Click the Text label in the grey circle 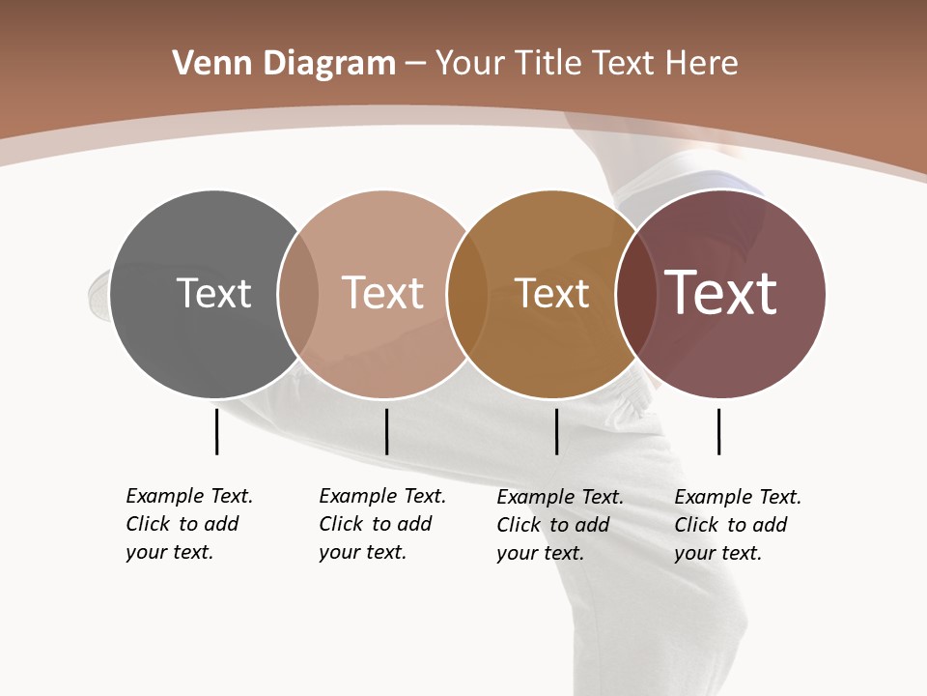(213, 293)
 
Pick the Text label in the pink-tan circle (382, 293)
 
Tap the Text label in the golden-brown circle (551, 294)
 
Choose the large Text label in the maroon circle (721, 293)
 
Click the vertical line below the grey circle (217, 431)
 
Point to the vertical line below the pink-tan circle (386, 431)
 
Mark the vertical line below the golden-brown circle (556, 431)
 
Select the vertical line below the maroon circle (718, 431)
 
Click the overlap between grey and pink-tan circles (298, 293)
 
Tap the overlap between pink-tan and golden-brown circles (467, 293)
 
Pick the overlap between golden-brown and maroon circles (635, 293)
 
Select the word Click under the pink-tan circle (341, 524)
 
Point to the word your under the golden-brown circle (518, 553)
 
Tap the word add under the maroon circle (770, 525)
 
